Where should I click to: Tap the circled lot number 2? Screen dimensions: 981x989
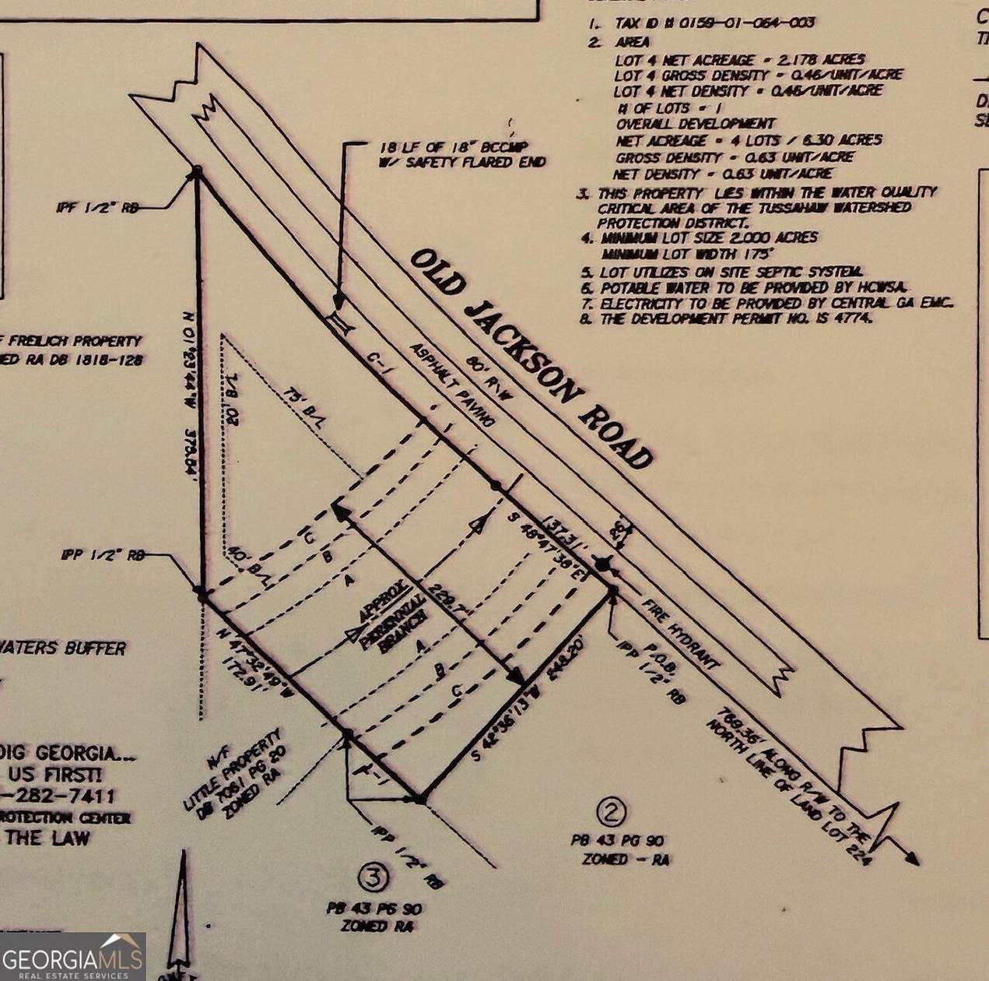pos(611,813)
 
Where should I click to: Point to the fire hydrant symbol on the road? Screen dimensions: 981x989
pos(603,562)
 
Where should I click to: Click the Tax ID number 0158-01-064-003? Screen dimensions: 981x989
pos(747,23)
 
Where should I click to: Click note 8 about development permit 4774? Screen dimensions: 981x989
pos(735,318)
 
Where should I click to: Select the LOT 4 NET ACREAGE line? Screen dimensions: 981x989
pos(739,59)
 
